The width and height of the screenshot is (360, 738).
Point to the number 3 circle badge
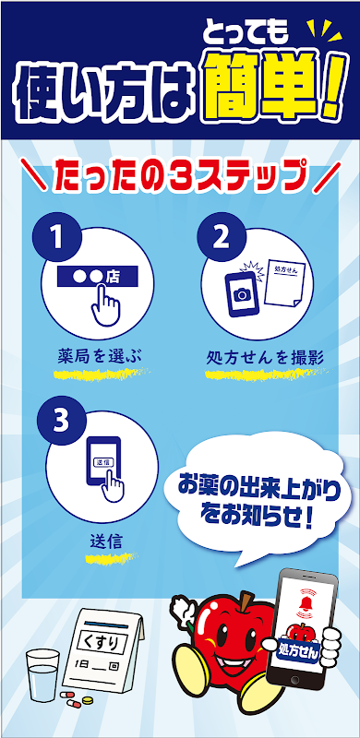tap(61, 422)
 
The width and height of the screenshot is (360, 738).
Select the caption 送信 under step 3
tap(106, 542)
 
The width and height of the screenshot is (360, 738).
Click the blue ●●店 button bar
tap(97, 276)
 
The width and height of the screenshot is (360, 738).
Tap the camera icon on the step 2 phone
tap(242, 294)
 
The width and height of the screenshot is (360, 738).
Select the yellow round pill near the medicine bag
tap(87, 700)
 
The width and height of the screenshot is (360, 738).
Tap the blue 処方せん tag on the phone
tap(299, 652)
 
